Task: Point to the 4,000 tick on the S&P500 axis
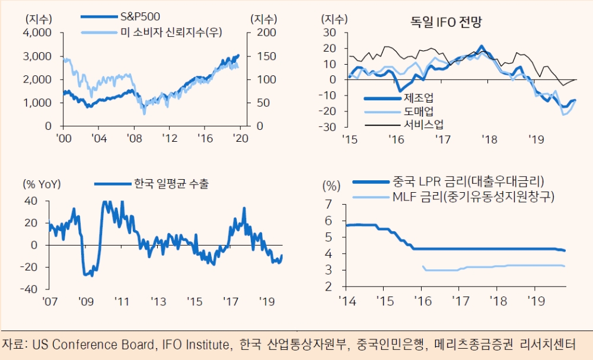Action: point(38,33)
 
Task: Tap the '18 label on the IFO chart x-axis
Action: point(489,140)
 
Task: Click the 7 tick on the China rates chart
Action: point(328,205)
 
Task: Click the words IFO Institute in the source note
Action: point(195,345)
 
